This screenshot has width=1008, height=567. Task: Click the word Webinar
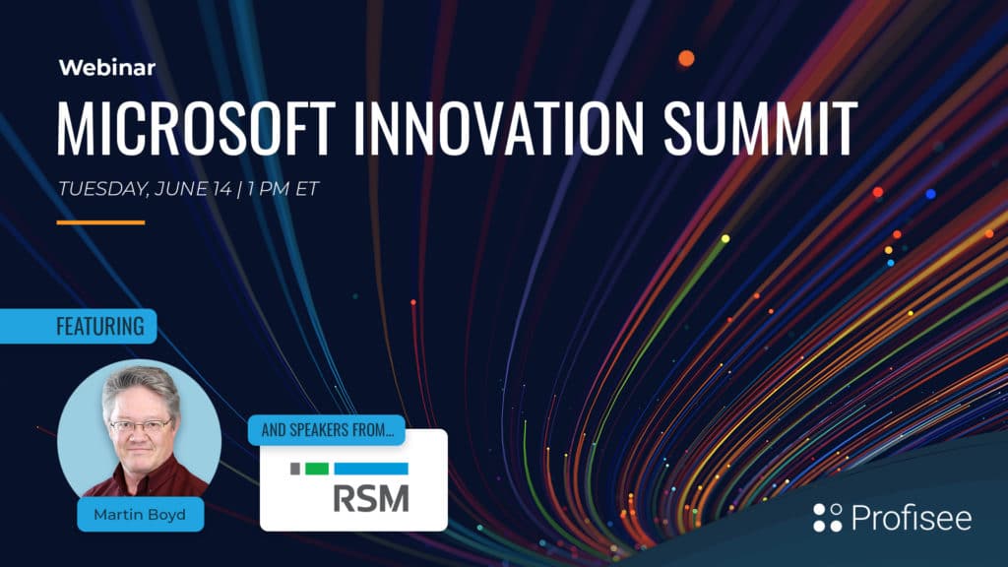106,68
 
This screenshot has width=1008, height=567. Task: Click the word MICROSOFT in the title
196,128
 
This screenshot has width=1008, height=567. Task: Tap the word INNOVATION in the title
498,128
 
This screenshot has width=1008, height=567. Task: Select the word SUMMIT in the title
760,128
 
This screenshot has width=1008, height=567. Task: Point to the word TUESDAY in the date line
103,189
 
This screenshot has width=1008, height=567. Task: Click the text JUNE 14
193,188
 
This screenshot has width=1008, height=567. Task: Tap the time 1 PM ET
283,188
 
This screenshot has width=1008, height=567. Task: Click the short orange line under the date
101,222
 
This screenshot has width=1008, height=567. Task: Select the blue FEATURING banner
79,326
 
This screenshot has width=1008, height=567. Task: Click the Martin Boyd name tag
140,514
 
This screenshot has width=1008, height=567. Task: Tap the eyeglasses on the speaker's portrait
141,425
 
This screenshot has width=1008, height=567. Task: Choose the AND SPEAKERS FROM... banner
327,430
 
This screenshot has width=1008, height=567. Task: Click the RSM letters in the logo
371,498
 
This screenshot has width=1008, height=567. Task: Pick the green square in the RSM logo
316,469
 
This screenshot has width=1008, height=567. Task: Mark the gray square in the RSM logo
295,469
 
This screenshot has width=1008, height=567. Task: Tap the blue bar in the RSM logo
371,469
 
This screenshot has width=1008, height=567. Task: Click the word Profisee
912,518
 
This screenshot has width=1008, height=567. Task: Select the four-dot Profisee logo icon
827,518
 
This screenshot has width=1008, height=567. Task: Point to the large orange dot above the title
686,58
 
